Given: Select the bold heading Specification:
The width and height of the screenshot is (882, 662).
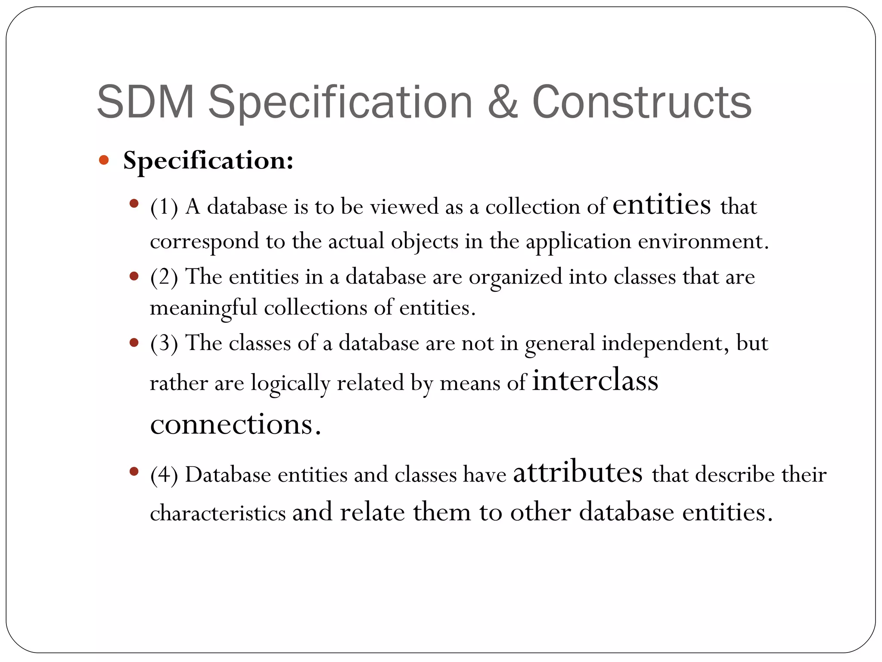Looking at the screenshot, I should click(208, 161).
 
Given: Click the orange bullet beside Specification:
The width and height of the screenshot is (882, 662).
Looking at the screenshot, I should click(104, 160).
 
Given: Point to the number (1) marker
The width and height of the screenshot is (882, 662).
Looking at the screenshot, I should click(164, 207).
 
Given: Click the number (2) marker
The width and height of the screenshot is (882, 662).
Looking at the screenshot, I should click(164, 277).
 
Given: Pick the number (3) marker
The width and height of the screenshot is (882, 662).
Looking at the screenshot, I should click(164, 343).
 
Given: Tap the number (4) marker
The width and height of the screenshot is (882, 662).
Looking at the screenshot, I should click(164, 475).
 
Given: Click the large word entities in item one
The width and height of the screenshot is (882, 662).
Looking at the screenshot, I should click(661, 204).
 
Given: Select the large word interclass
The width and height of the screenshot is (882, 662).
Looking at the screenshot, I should click(595, 381).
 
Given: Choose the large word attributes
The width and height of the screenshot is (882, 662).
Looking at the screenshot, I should click(578, 472).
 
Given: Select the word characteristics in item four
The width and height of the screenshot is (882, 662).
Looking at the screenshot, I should click(218, 513).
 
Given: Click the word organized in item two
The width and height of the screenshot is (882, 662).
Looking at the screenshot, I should click(516, 277).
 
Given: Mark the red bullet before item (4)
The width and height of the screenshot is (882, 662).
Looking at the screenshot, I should click(134, 472).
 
